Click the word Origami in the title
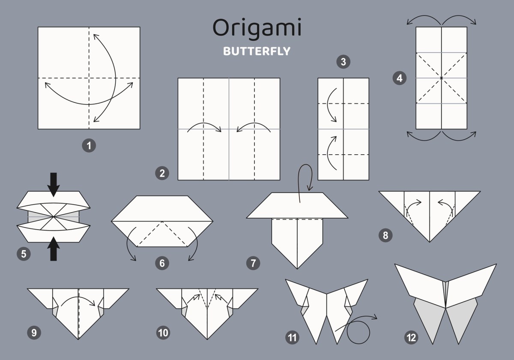click(x=257, y=29)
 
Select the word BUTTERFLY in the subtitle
click(x=257, y=51)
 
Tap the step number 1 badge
click(x=89, y=146)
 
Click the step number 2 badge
click(x=162, y=173)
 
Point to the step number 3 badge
click(x=343, y=62)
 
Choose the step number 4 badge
click(x=400, y=78)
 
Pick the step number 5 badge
click(x=24, y=254)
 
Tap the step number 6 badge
click(x=162, y=263)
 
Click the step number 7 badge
click(x=253, y=263)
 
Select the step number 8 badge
click(x=385, y=235)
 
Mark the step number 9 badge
click(x=34, y=333)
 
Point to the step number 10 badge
click(x=163, y=333)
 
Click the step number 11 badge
click(x=292, y=338)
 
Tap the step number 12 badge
click(x=411, y=338)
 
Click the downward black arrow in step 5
click(x=54, y=185)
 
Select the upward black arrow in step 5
click(x=54, y=249)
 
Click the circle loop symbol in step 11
click(x=358, y=321)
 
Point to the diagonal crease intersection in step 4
click(x=441, y=78)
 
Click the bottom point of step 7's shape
click(x=297, y=269)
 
